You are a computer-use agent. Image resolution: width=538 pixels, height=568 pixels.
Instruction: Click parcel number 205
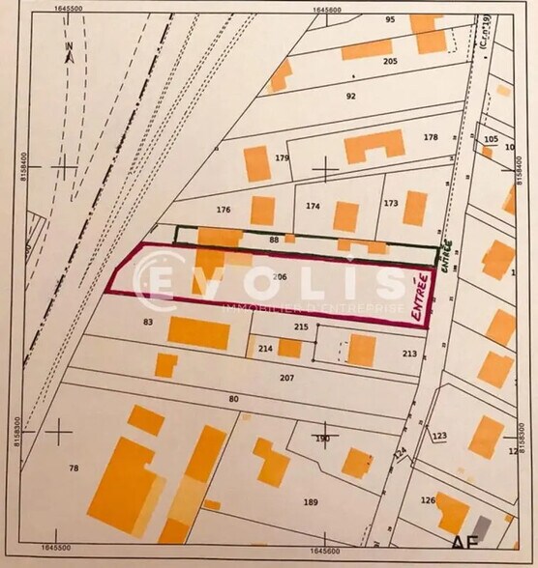[x=391, y=61]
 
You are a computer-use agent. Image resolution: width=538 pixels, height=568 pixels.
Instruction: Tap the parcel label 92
[x=351, y=96]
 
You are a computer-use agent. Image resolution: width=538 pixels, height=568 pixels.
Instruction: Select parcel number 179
[x=283, y=157]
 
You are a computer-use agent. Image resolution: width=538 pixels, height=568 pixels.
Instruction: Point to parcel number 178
[x=431, y=137]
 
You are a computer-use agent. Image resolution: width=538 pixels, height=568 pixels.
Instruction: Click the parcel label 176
[x=224, y=209]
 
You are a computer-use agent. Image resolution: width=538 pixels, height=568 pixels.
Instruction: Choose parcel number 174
[x=313, y=206]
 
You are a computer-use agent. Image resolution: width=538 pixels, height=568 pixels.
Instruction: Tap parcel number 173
[x=391, y=203]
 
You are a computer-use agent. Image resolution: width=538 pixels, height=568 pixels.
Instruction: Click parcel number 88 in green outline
[x=274, y=240]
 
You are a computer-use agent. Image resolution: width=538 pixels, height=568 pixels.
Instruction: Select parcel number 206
[x=281, y=276]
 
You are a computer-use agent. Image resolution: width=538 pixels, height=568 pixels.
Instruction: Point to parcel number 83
[x=148, y=322]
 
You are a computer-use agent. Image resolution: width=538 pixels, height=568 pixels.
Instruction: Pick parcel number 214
[x=265, y=348]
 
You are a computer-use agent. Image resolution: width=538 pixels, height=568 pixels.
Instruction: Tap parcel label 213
[x=409, y=354]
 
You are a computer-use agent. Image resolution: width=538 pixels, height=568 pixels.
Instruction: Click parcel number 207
[x=286, y=376]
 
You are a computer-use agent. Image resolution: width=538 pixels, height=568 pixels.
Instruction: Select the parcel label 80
[x=232, y=398]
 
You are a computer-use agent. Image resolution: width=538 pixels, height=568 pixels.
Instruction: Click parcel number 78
[x=73, y=468]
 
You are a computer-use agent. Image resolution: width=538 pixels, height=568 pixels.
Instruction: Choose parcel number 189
[x=311, y=501]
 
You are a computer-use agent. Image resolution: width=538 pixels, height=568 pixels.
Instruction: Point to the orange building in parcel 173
[x=415, y=208]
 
